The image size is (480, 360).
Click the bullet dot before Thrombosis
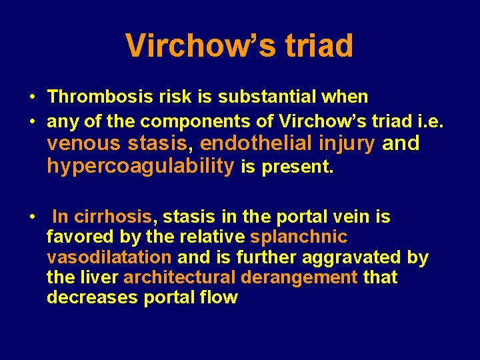33,97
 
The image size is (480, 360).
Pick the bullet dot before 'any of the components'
33,121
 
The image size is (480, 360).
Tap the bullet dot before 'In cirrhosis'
33,217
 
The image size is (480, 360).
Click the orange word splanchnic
299,237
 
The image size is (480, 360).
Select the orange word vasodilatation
109,257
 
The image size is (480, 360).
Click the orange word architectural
179,277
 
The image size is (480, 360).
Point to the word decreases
92,297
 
